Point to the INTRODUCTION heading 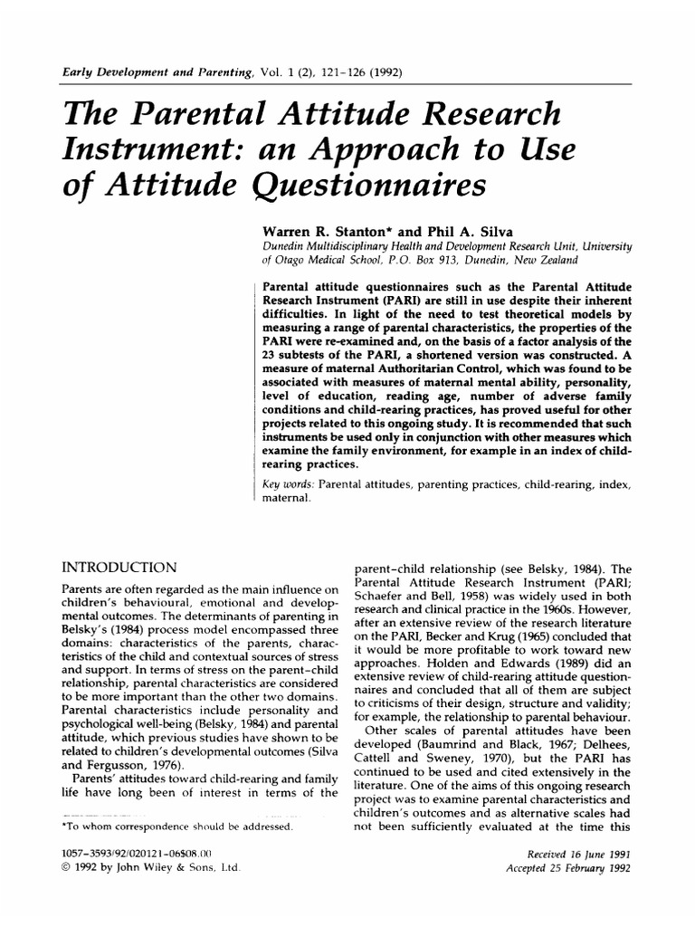point(118,568)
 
